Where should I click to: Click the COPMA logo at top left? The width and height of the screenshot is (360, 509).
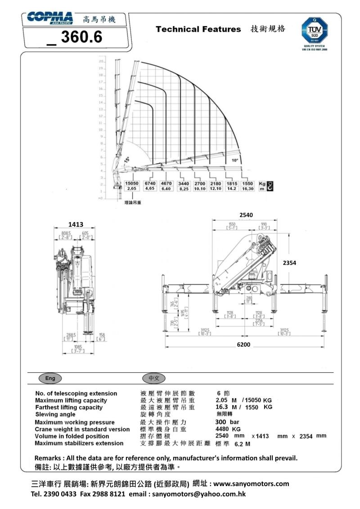49,18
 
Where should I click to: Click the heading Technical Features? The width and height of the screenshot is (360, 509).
198,29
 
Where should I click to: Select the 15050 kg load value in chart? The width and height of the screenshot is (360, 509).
131,183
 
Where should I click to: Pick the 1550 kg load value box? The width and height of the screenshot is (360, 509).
247,183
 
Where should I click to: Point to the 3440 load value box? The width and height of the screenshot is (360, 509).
183,183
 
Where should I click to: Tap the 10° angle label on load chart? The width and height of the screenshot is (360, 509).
235,160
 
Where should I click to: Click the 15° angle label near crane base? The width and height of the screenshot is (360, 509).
127,160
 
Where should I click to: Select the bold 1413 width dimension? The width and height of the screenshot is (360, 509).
76,224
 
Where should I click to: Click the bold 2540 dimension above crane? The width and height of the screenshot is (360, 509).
247,215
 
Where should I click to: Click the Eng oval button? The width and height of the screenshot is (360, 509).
50,378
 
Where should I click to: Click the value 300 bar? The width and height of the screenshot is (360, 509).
227,422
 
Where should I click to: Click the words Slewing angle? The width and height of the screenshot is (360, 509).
55,414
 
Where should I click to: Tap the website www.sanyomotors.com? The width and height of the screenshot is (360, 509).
251,484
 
